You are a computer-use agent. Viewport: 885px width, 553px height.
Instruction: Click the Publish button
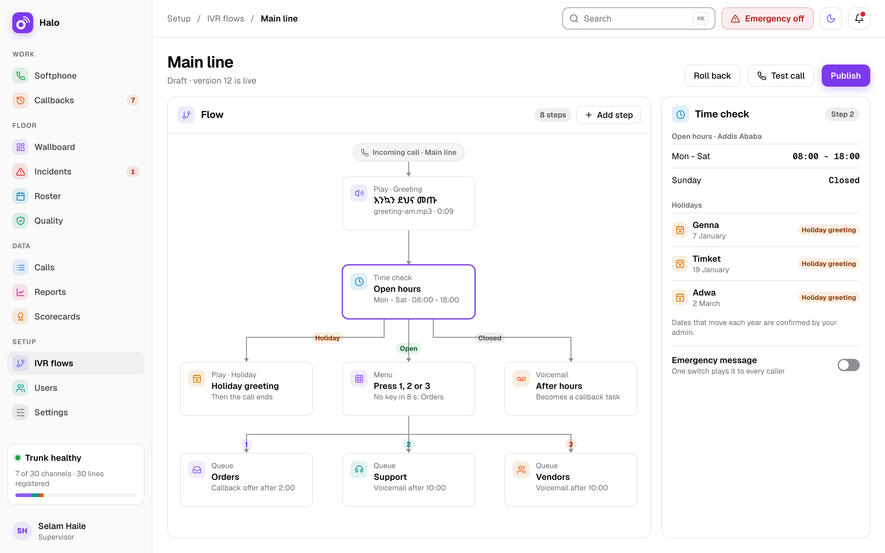845,76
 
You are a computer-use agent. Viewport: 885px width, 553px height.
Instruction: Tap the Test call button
781,76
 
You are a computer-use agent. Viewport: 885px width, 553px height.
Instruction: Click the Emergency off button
767,19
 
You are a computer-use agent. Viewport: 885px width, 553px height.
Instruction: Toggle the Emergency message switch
848,365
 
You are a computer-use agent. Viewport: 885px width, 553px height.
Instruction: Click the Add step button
608,115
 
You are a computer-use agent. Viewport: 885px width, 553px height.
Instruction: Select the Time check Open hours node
408,292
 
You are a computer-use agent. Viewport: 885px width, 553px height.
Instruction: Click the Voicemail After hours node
571,389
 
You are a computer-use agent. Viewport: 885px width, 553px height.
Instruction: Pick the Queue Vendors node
571,480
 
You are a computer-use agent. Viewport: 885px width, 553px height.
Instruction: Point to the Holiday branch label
327,338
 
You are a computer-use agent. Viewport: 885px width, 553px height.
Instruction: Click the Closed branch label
490,338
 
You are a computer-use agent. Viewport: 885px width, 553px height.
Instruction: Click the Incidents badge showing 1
133,171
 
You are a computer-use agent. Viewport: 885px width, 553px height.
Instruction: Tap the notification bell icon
859,19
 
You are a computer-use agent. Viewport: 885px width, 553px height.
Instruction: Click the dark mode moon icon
831,19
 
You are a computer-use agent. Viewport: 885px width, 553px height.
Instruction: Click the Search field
639,19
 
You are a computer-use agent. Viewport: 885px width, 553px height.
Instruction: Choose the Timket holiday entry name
706,259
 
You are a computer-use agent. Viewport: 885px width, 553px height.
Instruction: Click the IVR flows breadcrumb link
226,19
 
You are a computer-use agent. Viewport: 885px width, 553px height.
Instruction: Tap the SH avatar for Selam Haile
22,531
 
